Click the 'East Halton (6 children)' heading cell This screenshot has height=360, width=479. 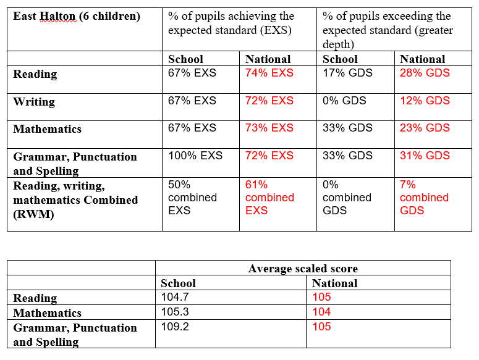click(x=77, y=16)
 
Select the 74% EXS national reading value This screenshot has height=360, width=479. click(x=269, y=73)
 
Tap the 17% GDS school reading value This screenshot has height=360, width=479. click(x=347, y=73)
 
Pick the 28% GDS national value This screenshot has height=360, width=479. click(x=425, y=73)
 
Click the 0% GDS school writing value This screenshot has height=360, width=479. click(x=344, y=101)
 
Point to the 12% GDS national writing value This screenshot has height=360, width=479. click(x=425, y=101)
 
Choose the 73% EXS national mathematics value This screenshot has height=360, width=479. click(x=269, y=128)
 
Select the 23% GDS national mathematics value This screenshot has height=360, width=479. click(x=425, y=128)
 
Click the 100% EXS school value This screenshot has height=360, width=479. click(x=195, y=156)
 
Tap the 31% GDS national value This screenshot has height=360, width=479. click(x=425, y=156)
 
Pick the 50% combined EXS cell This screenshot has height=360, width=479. click(x=192, y=198)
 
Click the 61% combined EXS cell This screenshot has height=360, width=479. click(x=269, y=198)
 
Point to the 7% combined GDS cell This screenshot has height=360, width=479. click(x=424, y=198)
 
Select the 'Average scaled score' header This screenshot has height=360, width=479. click(x=303, y=269)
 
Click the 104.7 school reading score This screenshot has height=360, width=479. click(x=175, y=297)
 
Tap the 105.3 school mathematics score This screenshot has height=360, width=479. click(x=175, y=312)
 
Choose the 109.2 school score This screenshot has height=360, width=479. click(x=175, y=327)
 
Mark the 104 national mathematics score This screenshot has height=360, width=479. click(x=321, y=312)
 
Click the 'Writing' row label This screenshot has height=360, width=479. click(x=34, y=102)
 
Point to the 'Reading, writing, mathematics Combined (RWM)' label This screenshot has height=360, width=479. click(x=75, y=200)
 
